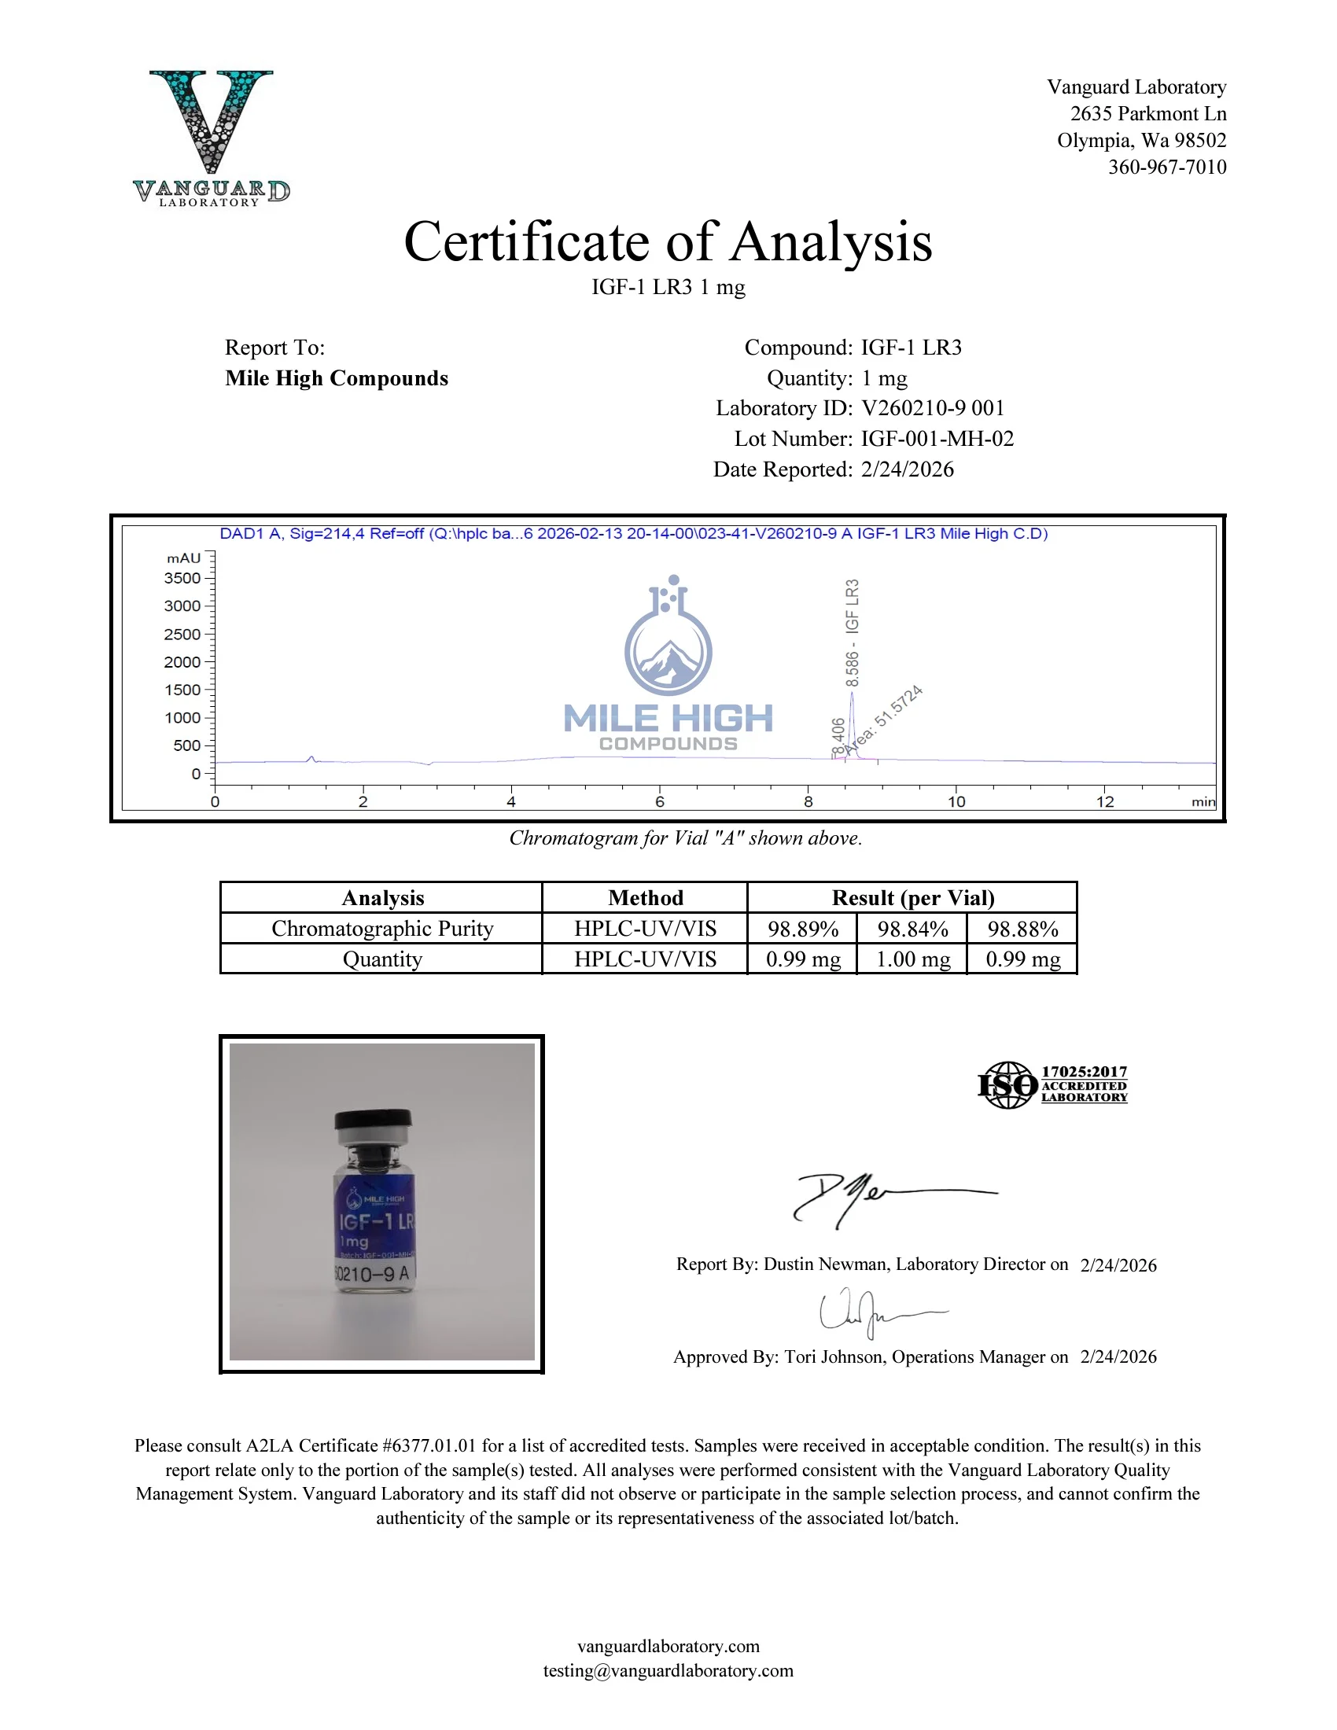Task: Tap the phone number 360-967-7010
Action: click(x=1166, y=167)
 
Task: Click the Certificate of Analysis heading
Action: click(x=668, y=241)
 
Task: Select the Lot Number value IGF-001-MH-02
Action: click(x=937, y=439)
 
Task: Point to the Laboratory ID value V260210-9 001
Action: click(x=932, y=408)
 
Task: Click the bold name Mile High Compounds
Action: click(x=337, y=379)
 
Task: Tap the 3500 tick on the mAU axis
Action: click(x=183, y=578)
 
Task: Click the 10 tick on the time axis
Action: click(x=956, y=801)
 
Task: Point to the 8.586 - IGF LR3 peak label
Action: click(x=853, y=633)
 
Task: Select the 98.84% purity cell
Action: click(x=912, y=929)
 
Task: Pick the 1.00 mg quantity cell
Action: click(x=912, y=959)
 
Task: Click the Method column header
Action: click(x=645, y=897)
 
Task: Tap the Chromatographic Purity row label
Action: click(x=381, y=929)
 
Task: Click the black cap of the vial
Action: click(x=373, y=1118)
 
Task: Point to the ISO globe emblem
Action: click(x=1007, y=1085)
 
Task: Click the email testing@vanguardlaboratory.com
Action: click(x=668, y=1670)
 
